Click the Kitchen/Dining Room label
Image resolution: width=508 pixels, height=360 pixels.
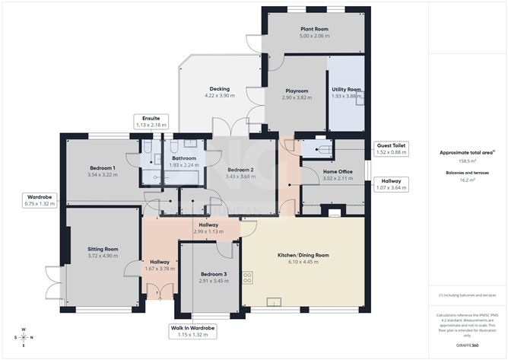click(x=302, y=255)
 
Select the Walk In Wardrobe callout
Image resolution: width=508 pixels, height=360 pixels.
click(x=192, y=331)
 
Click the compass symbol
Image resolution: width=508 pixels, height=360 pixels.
click(x=24, y=337)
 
